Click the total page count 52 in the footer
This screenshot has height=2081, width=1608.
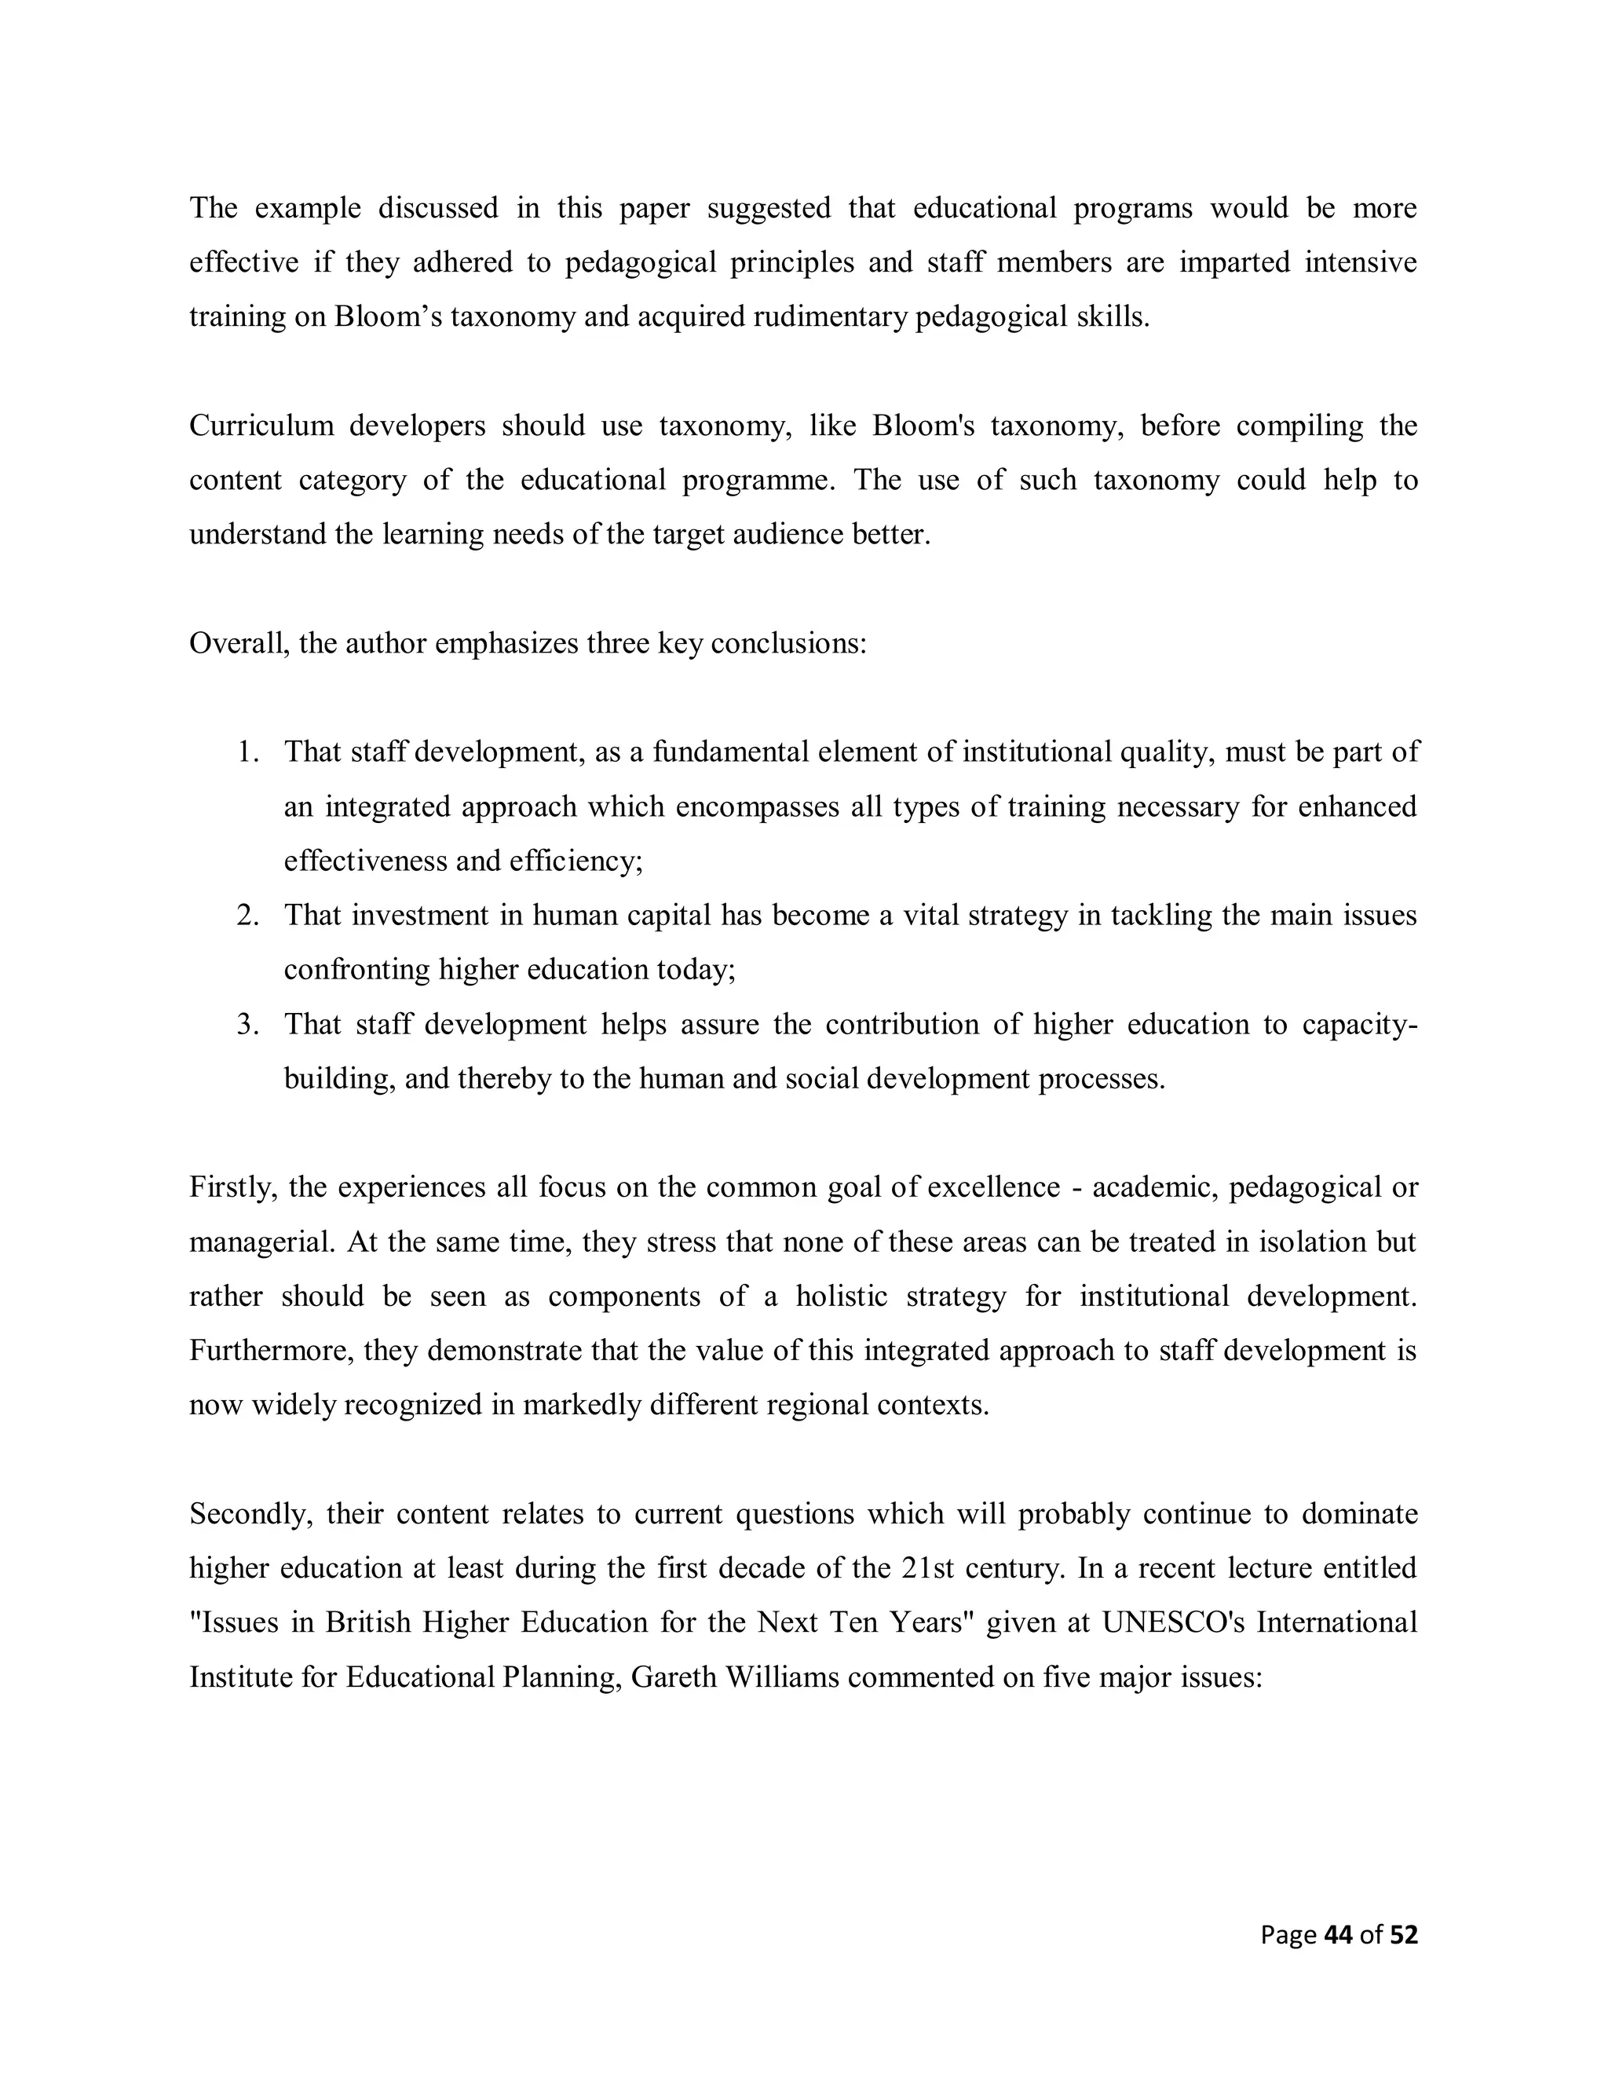pyautogui.click(x=1403, y=1934)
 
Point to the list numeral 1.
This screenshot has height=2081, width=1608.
pyautogui.click(x=247, y=752)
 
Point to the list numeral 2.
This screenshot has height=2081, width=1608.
pyautogui.click(x=247, y=915)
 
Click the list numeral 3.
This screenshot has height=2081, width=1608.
pyautogui.click(x=247, y=1024)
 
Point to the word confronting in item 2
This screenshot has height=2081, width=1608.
pyautogui.click(x=357, y=970)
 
